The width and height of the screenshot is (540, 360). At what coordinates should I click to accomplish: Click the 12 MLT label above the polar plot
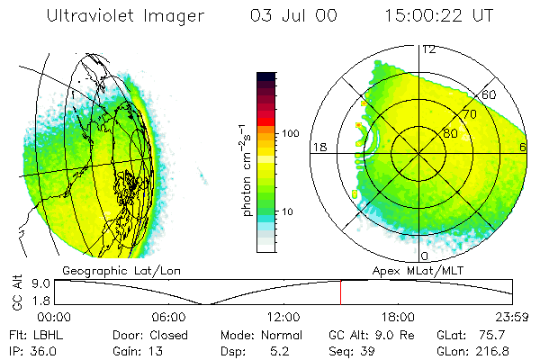pos(428,49)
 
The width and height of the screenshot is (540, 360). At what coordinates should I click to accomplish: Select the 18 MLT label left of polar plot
pos(319,148)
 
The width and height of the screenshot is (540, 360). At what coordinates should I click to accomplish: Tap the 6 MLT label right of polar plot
pos(523,148)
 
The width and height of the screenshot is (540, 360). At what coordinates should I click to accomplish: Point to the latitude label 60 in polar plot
pos(490,94)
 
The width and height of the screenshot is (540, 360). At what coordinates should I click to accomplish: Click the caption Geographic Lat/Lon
pos(107,270)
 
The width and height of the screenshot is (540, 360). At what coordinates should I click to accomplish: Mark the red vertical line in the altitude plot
pos(340,292)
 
